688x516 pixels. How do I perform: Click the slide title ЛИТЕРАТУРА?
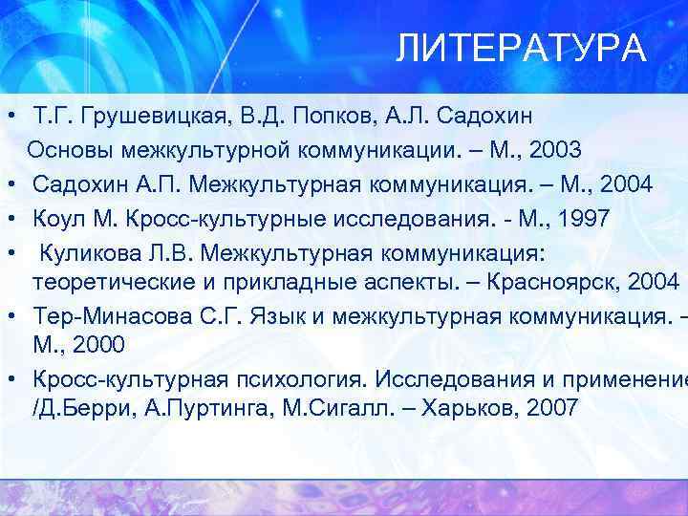(x=522, y=49)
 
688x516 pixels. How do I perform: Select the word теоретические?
(x=110, y=282)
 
